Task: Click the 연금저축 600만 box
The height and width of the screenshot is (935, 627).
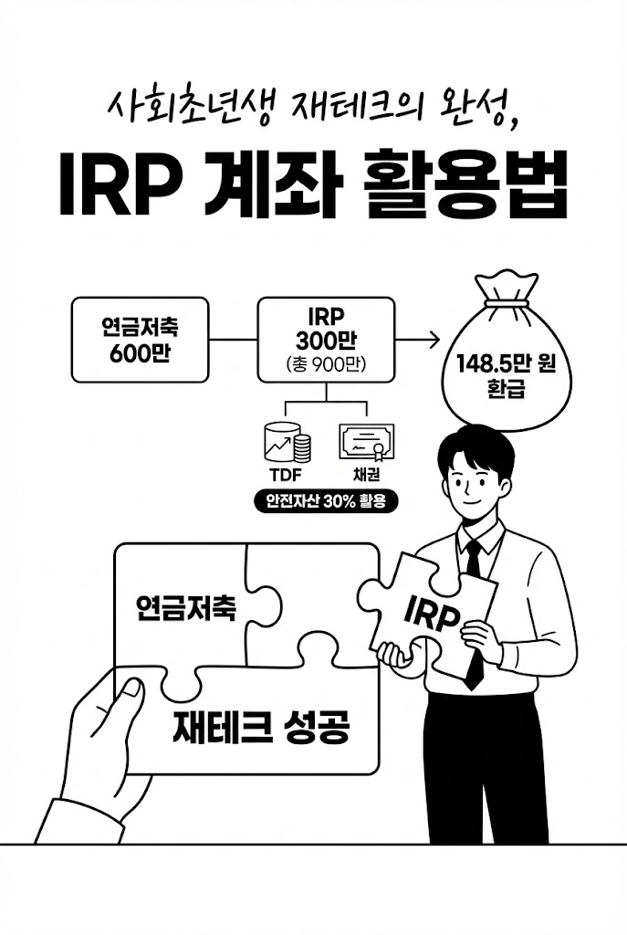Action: coord(141,340)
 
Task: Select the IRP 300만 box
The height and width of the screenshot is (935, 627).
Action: coord(326,340)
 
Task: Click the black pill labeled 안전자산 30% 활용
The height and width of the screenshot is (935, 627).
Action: coord(326,501)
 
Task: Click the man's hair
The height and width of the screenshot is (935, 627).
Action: coord(475,447)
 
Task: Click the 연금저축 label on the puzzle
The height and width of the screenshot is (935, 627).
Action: coord(186,607)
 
